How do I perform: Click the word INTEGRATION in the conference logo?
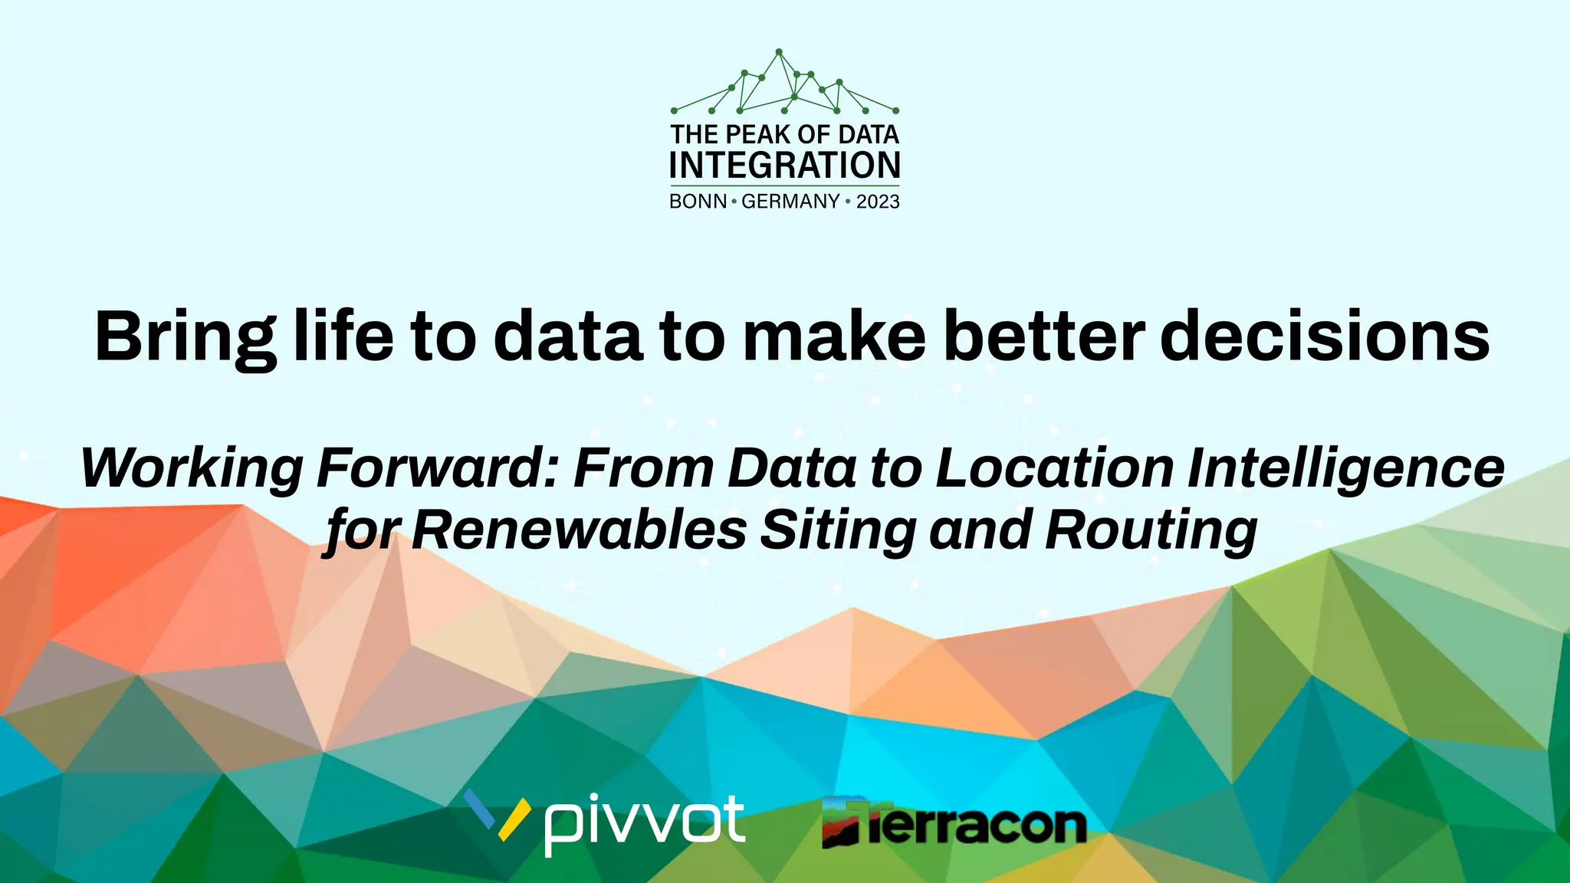[x=784, y=166]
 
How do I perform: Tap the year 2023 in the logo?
[x=878, y=202]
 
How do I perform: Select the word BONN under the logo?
[x=698, y=202]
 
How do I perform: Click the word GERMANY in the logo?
[x=790, y=202]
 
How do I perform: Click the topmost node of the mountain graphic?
[x=779, y=52]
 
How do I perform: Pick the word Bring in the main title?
[x=185, y=337]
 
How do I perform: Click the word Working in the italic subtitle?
[x=192, y=469]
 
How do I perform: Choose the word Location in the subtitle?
[x=1055, y=468]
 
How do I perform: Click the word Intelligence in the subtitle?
[x=1345, y=469]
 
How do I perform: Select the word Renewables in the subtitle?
[x=579, y=530]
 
